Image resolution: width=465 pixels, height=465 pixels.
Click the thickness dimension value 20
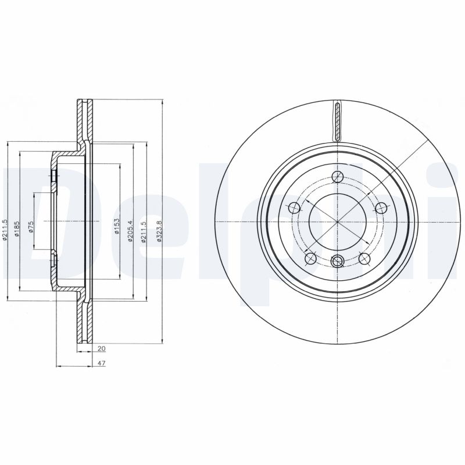pyautogui.click(x=102, y=349)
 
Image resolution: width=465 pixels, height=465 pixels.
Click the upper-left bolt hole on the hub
pyautogui.click(x=295, y=208)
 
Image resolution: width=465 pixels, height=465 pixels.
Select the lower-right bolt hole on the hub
pyautogui.click(x=364, y=257)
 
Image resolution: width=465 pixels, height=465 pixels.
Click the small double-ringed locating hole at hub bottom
pyautogui.click(x=337, y=262)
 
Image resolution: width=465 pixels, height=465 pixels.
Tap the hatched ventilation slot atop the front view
pyautogui.click(x=337, y=121)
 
